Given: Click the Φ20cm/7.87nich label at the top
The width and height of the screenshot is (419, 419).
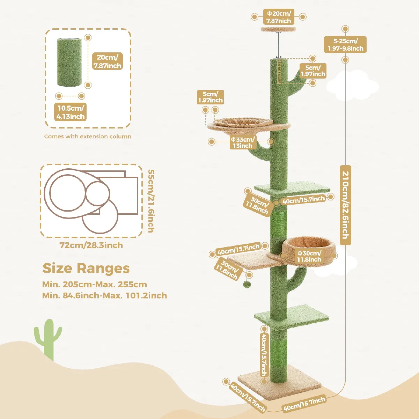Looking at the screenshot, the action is tap(279, 17).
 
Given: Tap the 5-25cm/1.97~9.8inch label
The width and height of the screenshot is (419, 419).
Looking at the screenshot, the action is tap(345, 45).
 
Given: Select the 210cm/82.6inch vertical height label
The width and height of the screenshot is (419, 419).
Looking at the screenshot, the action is tap(346, 205).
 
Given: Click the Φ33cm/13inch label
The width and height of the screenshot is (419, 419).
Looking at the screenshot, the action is tap(243, 142).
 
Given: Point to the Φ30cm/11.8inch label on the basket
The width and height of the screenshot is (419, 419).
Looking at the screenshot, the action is tap(309, 256).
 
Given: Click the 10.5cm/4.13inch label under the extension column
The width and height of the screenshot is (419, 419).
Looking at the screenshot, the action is tap(71, 112).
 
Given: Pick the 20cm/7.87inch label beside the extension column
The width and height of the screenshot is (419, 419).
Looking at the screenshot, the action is tap(108, 61).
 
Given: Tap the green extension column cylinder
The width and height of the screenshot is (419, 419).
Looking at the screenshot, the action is tap(69, 62).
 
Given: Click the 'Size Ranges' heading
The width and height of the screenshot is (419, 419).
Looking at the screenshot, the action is tap(86, 269).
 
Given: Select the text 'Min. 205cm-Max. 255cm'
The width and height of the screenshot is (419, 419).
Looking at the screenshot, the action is tap(95, 285).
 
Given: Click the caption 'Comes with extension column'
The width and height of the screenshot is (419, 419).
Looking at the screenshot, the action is tap(88, 137).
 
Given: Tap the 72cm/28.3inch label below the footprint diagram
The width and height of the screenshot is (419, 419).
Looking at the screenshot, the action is tap(91, 245).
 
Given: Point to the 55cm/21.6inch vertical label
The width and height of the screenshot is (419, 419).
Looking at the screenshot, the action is tap(151, 201).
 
